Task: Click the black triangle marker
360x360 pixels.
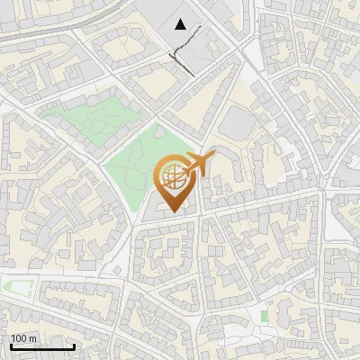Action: tap(181, 25)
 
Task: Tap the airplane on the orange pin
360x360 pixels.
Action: tap(198, 165)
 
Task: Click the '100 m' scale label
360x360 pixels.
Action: tap(23, 338)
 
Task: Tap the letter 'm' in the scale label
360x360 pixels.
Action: tap(32, 338)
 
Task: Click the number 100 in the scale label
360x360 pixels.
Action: tap(19, 338)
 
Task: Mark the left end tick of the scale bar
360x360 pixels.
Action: tap(11, 346)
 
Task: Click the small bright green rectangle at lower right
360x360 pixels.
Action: tap(264, 316)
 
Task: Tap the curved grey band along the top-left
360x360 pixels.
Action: tap(54, 22)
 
